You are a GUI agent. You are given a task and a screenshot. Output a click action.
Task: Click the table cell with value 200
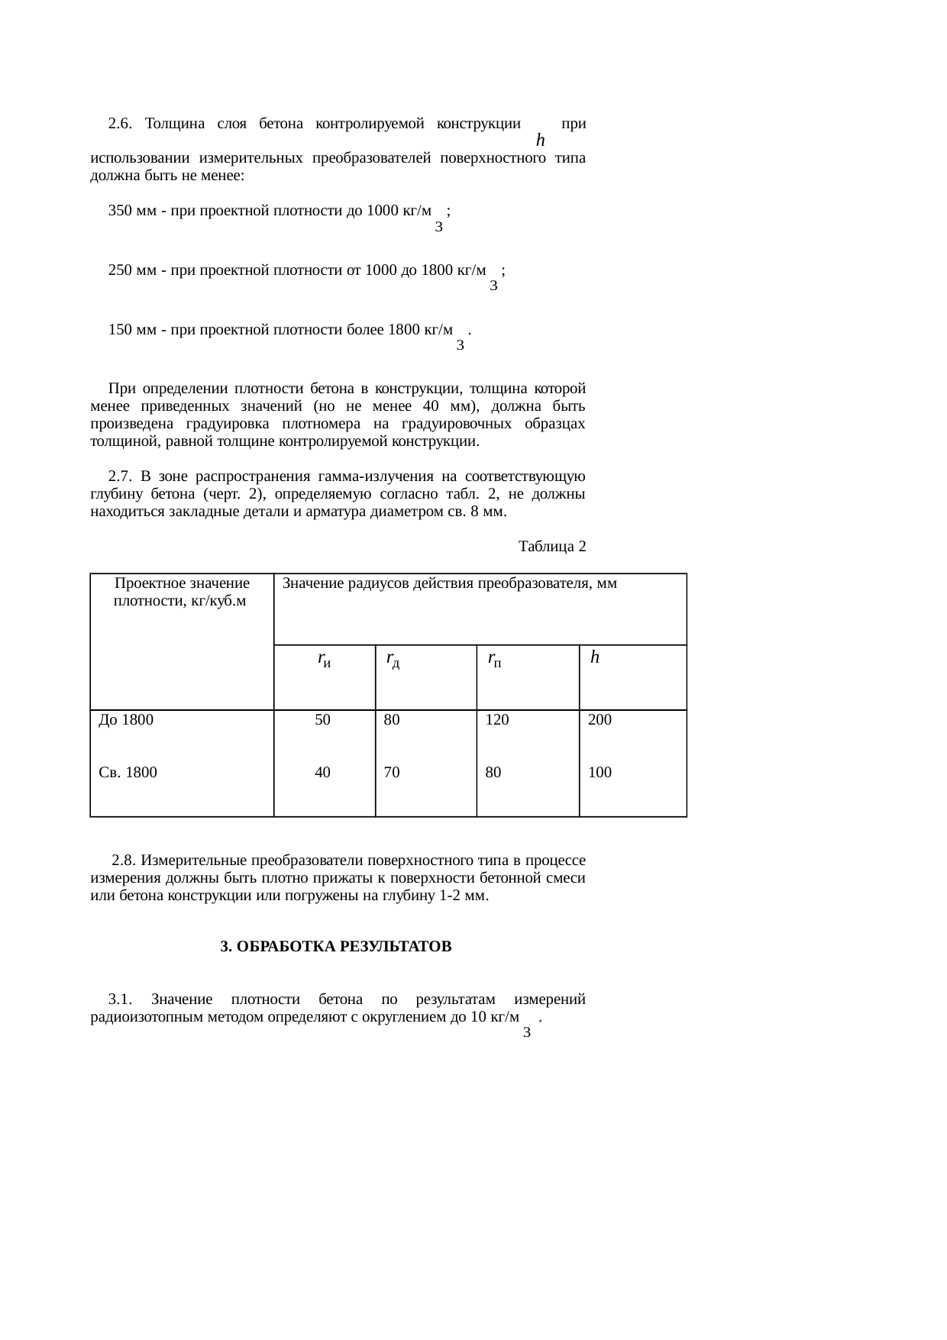pos(600,720)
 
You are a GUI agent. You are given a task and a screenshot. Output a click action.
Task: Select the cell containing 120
pos(497,720)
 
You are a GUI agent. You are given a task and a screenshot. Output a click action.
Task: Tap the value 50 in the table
pos(323,720)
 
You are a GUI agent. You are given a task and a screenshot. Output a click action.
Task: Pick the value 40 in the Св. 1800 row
pos(323,773)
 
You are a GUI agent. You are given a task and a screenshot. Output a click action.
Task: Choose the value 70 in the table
pos(392,773)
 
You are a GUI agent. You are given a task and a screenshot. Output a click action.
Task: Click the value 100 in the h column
pos(600,773)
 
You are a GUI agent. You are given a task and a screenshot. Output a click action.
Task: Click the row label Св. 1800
pos(128,773)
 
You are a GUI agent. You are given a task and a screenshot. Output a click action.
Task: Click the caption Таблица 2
pos(552,547)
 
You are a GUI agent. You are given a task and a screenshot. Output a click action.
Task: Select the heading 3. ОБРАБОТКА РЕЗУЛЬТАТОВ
pos(336,947)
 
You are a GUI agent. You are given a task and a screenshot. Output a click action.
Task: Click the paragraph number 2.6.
pos(120,124)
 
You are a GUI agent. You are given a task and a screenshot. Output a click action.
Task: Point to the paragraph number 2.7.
pos(120,477)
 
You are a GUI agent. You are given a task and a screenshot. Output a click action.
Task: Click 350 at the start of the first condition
pos(120,211)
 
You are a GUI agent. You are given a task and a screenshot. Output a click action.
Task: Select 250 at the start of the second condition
pos(120,270)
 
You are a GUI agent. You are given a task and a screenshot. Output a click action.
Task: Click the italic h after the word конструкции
pos(540,140)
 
